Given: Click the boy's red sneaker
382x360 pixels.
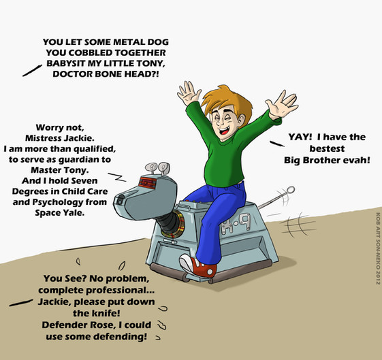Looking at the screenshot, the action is tap(198, 266).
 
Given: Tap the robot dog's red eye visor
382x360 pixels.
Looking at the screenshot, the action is tap(147, 183).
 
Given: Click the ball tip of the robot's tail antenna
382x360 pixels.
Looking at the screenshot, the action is tap(291, 190).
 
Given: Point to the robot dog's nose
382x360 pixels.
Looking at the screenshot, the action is tap(119, 201).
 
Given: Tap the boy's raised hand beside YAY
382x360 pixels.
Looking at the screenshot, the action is tap(282, 105).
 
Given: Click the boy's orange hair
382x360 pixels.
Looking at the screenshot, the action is tap(224, 102).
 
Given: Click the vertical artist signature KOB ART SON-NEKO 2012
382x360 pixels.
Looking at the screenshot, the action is tap(378, 248).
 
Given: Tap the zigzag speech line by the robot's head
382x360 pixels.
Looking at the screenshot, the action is tap(117, 177).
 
